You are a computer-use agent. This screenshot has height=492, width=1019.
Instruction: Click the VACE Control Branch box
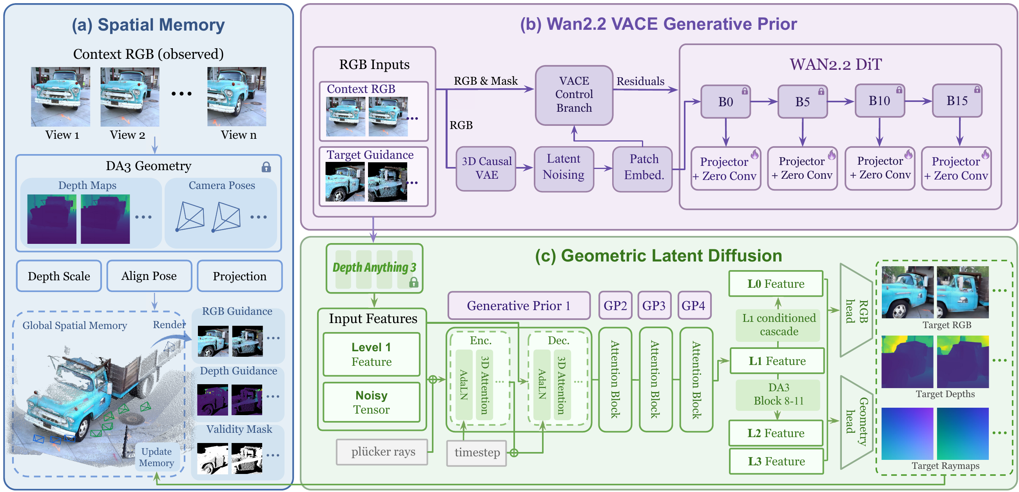[574, 95]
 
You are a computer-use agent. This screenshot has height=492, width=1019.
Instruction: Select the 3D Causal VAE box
[486, 169]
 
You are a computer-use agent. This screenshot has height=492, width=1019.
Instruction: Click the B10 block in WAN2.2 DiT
[880, 101]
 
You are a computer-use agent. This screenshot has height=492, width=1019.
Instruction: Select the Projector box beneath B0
[725, 169]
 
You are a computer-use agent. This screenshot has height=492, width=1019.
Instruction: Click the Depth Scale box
[59, 276]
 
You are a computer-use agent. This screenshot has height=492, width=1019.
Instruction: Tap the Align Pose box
[149, 276]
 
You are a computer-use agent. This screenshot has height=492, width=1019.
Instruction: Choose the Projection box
[240, 276]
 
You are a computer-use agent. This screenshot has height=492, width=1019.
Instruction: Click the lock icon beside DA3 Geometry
[266, 167]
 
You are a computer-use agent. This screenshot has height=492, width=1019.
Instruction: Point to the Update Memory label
[157, 457]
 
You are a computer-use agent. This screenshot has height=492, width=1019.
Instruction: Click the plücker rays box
[382, 452]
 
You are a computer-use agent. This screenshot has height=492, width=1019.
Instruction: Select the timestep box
[477, 452]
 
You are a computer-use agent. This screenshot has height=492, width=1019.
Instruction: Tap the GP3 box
[654, 305]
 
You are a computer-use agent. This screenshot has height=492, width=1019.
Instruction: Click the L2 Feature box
[776, 433]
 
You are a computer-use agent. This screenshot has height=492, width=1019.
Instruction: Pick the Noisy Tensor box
[372, 402]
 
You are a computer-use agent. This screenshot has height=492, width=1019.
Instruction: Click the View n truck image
[237, 96]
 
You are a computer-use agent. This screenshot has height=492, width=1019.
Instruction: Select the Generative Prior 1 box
[519, 305]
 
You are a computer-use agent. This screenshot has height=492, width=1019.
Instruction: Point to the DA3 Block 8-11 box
[778, 394]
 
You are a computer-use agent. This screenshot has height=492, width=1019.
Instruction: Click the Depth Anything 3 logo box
[374, 268]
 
